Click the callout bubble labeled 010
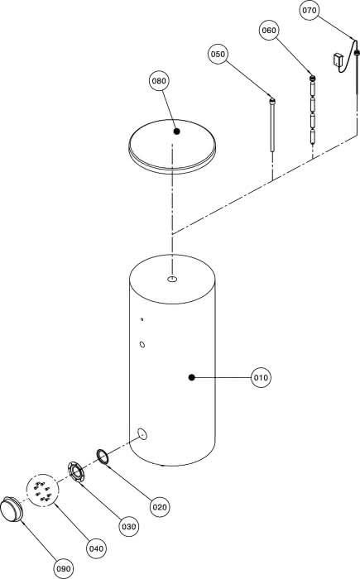(261, 377)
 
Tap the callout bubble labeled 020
(160, 507)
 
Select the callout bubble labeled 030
(128, 527)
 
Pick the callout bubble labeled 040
(96, 548)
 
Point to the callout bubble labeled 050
(218, 54)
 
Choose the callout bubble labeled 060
(269, 30)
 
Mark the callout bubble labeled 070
(309, 10)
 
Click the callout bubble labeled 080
(159, 81)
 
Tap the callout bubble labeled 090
(64, 569)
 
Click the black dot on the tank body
(191, 377)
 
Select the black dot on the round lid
(177, 131)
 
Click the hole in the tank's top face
(172, 280)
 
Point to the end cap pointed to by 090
(11, 509)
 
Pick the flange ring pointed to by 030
(76, 472)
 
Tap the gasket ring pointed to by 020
(103, 456)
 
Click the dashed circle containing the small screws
(43, 490)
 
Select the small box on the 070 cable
(338, 60)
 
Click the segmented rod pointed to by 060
(312, 110)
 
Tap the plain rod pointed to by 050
(273, 125)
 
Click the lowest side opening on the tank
(142, 434)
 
